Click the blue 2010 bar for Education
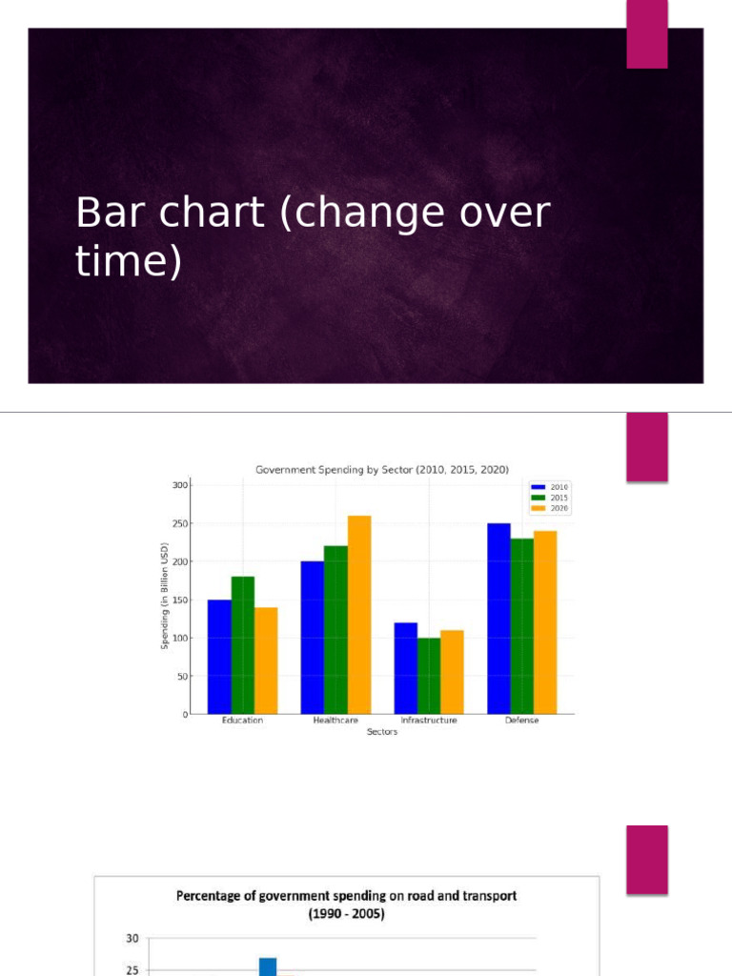pos(219,658)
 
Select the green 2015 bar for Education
pos(242,645)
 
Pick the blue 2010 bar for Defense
pos(498,619)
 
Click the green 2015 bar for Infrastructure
pos(429,676)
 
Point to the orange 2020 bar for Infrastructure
pos(452,672)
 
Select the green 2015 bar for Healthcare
pos(335,630)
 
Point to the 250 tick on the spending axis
pos(180,523)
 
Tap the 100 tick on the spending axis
pos(180,638)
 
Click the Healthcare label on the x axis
pos(335,721)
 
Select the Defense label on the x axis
pos(522,721)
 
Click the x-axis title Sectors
pos(382,732)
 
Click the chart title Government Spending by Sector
pos(382,469)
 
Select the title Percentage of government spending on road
pos(346,896)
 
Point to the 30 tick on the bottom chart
pos(132,939)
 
